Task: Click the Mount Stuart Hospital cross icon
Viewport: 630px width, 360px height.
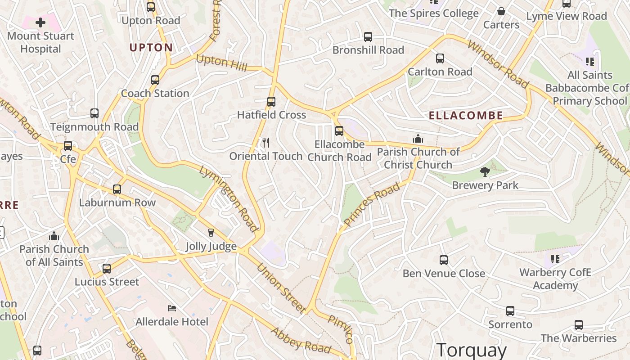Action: pyautogui.click(x=40, y=22)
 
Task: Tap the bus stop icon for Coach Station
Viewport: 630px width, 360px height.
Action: pyautogui.click(x=155, y=80)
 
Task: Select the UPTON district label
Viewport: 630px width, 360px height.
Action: pyautogui.click(x=151, y=47)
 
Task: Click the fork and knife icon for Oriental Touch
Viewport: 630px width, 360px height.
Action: pyautogui.click(x=266, y=143)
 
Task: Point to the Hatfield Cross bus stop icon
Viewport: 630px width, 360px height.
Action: pyautogui.click(x=271, y=102)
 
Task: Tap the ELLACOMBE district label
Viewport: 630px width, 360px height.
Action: pyautogui.click(x=466, y=116)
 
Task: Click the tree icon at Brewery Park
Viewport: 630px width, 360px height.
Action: pyautogui.click(x=485, y=171)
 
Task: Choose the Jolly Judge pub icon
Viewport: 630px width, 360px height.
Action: pyautogui.click(x=211, y=233)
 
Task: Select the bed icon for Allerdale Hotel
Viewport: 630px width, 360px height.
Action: pyautogui.click(x=172, y=308)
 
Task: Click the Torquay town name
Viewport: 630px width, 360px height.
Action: pyautogui.click(x=472, y=350)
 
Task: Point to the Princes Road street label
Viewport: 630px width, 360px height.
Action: pyautogui.click(x=372, y=204)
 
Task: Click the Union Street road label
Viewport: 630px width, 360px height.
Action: pyautogui.click(x=281, y=288)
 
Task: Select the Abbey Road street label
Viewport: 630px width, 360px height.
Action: pyautogui.click(x=301, y=341)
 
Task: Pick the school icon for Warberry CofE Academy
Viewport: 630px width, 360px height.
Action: pyautogui.click(x=555, y=259)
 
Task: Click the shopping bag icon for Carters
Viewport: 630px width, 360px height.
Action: pyautogui.click(x=501, y=11)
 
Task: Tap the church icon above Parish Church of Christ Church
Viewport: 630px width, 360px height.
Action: pyautogui.click(x=418, y=139)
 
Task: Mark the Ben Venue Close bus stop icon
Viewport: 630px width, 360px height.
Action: pyautogui.click(x=444, y=260)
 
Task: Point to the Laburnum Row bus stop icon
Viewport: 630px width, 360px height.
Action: pyautogui.click(x=117, y=189)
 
